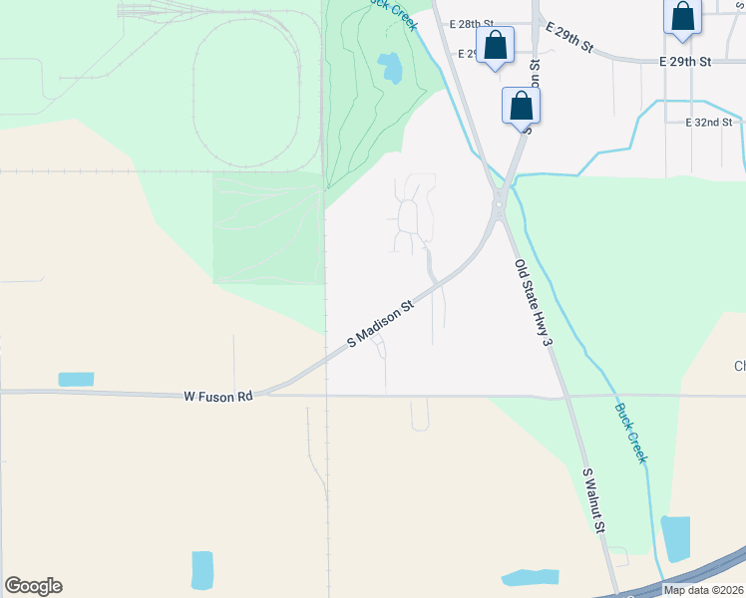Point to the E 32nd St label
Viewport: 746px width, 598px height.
(x=709, y=123)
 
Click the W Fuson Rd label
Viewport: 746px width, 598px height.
(x=218, y=396)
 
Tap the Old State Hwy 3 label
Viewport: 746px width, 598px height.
(x=533, y=303)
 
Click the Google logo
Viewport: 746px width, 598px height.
(x=33, y=586)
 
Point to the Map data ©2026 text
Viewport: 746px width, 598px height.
(x=703, y=590)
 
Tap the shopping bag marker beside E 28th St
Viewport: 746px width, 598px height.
(x=495, y=45)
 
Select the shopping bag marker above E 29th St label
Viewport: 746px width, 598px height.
(x=683, y=17)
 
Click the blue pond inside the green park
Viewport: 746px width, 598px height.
(x=391, y=68)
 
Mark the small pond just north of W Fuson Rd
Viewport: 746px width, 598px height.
(x=76, y=379)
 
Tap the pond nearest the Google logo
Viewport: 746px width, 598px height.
(x=202, y=569)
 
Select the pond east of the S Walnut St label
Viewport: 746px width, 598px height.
(x=675, y=539)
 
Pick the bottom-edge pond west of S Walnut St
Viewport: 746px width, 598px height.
(x=530, y=577)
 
